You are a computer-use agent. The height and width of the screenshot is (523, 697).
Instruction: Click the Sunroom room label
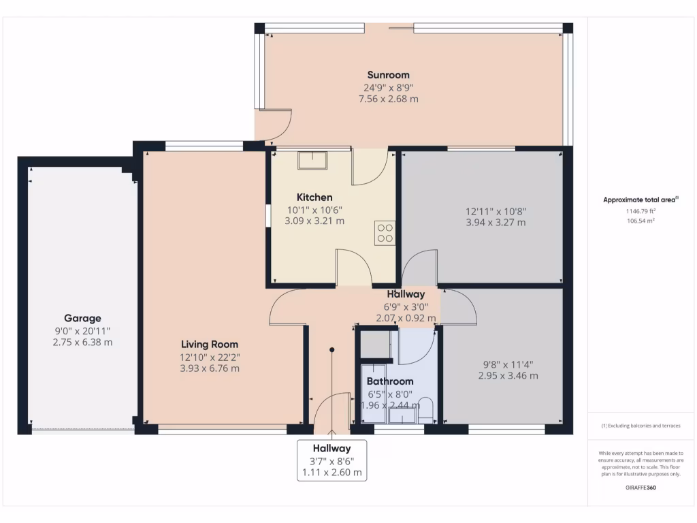tap(388, 75)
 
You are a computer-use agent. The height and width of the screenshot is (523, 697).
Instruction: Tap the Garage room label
tap(82, 318)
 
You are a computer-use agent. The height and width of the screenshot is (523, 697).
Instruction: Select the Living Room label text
tap(210, 345)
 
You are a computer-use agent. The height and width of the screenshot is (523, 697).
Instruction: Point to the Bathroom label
tap(390, 381)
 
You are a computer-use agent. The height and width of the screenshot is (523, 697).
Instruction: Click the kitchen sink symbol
tap(312, 160)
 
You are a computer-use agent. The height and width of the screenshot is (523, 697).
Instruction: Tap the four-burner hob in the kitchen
tap(385, 232)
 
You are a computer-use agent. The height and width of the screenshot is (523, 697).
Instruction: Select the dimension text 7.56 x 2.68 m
tap(388, 99)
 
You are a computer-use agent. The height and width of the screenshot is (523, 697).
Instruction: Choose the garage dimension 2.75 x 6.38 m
tap(82, 343)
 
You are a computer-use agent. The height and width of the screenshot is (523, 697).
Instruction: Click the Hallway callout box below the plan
tap(331, 460)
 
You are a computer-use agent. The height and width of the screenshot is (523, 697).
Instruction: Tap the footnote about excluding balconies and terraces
tap(640, 426)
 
